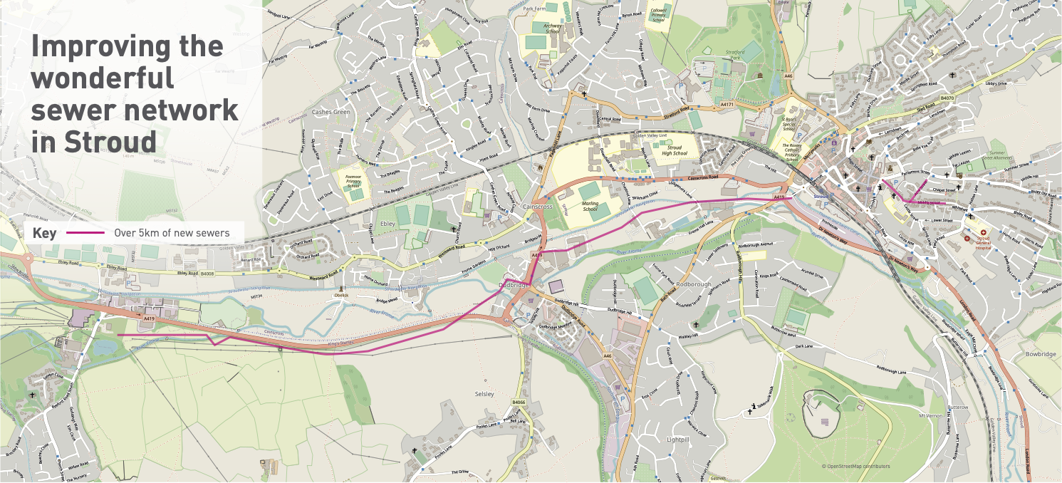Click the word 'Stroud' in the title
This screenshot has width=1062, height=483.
pos(110,141)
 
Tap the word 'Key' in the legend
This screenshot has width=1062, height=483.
pos(44,233)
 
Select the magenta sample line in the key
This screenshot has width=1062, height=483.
pos(85,233)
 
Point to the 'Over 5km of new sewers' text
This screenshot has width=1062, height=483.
pos(172,233)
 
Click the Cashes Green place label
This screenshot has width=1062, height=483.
pos(331,113)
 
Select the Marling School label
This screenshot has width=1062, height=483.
pos(590,207)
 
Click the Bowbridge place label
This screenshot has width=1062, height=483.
pos(1040,353)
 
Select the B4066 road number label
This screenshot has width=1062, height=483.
pos(518,402)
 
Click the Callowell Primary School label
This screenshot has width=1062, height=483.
pos(657,15)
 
